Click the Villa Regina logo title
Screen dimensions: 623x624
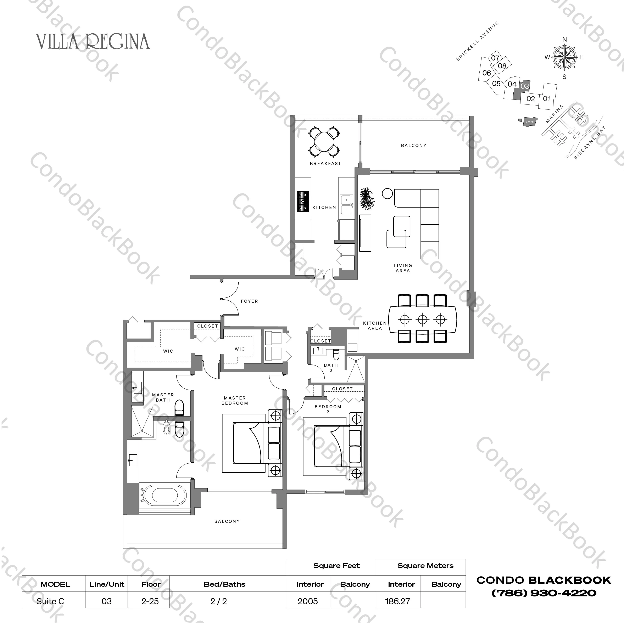(93, 42)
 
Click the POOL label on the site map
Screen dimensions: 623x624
(530, 122)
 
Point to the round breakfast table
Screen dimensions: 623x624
(325, 141)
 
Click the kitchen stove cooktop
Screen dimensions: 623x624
(303, 202)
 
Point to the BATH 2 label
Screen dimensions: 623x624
(331, 368)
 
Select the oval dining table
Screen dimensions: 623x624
(422, 319)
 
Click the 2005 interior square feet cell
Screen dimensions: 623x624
(308, 601)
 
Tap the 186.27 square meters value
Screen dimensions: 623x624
(398, 601)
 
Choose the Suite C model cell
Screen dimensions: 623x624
(50, 601)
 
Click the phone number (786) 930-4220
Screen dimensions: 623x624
(544, 593)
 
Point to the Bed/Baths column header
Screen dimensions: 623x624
(224, 584)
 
